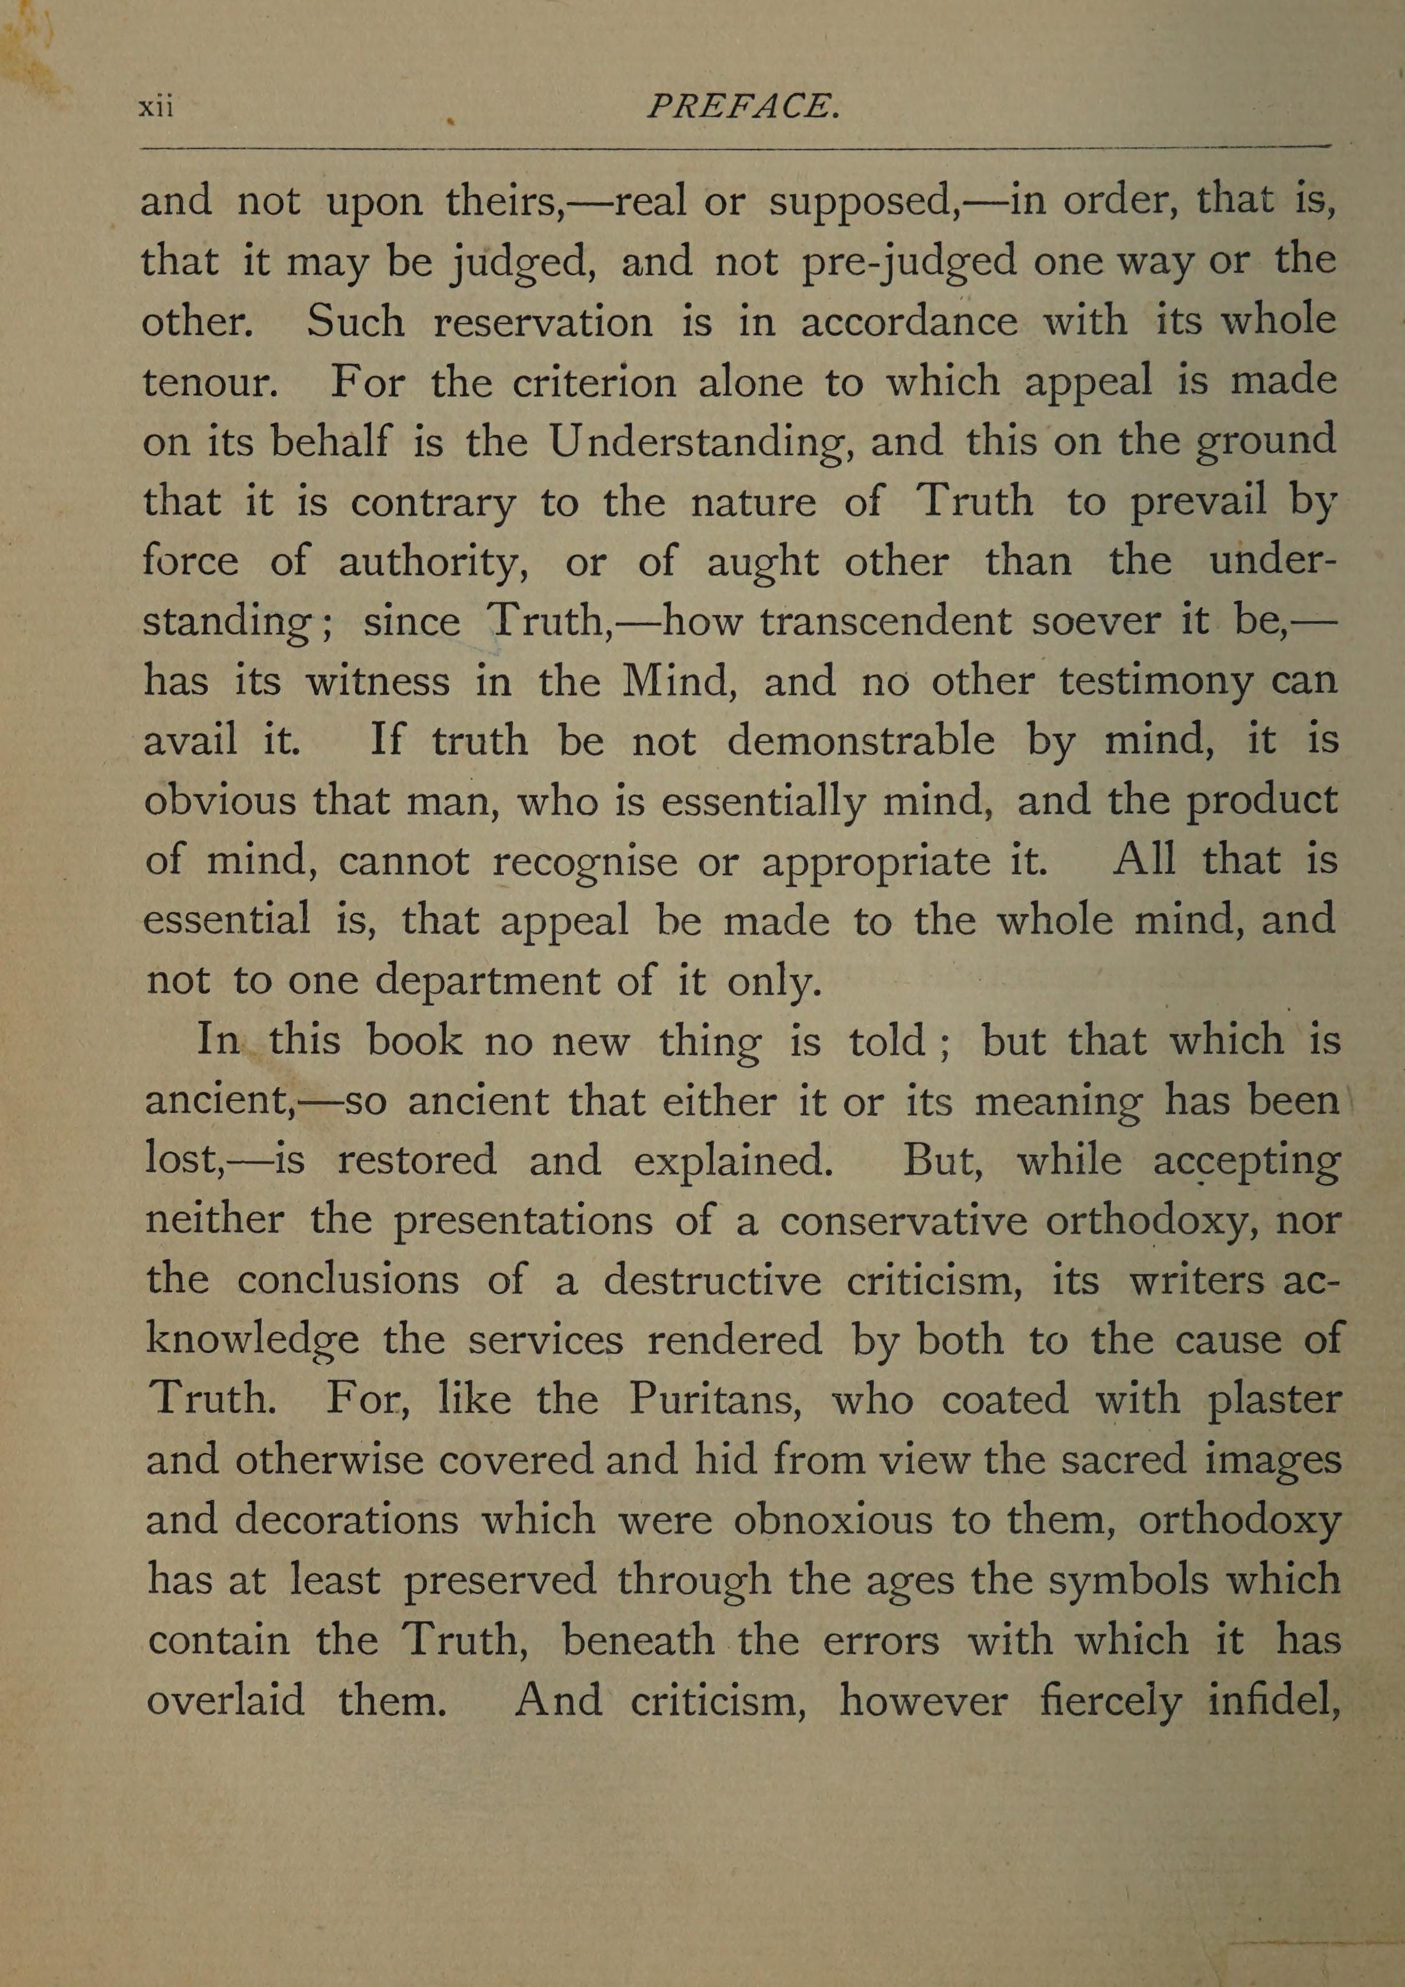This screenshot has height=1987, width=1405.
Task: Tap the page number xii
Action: click(x=156, y=107)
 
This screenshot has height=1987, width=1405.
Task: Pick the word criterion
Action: click(x=594, y=381)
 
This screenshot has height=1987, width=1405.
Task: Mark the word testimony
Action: click(x=1155, y=682)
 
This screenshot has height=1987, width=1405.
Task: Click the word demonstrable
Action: click(x=860, y=741)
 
